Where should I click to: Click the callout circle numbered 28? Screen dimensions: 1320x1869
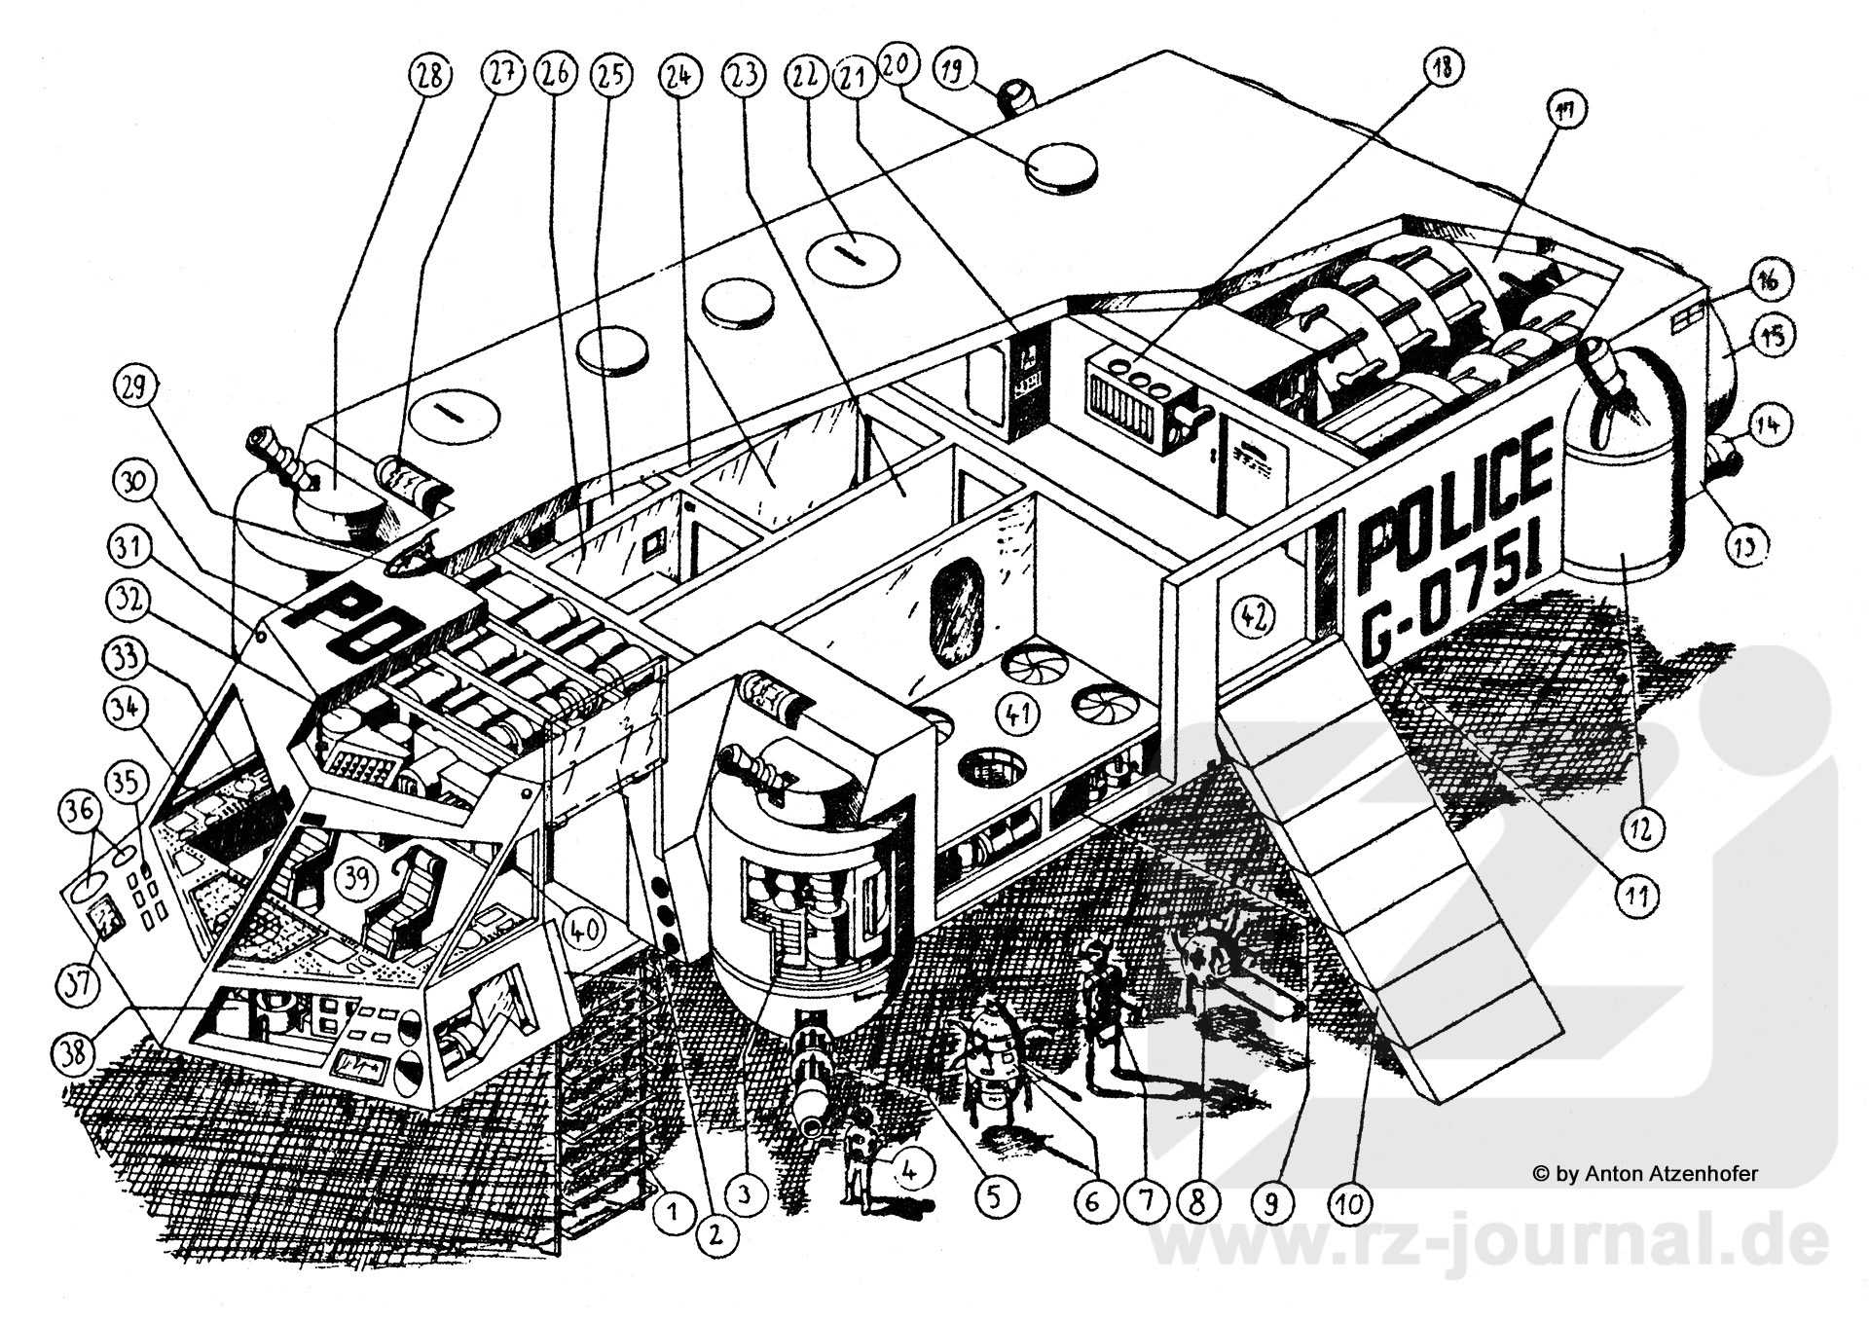(x=430, y=75)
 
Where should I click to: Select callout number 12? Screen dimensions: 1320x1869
(x=1639, y=828)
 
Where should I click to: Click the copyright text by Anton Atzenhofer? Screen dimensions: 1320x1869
(x=1645, y=1174)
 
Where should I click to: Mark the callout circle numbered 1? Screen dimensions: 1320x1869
(x=671, y=1213)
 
